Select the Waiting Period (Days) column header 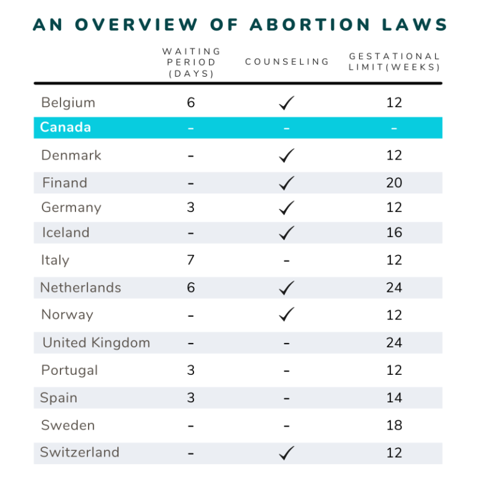tap(191, 62)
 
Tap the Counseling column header tap(287, 62)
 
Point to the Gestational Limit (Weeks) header tap(394, 62)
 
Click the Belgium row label tap(68, 102)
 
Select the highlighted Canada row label tap(65, 127)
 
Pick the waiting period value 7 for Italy tap(191, 260)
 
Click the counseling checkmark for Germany tap(287, 207)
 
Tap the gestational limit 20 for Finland tap(394, 183)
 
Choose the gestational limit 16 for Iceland tap(394, 233)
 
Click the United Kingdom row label tap(96, 342)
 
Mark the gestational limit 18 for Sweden tap(394, 425)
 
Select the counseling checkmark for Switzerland tap(287, 453)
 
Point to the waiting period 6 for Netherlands tap(191, 288)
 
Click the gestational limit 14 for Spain tap(394, 398)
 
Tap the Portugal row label tap(69, 370)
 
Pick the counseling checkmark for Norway tap(287, 315)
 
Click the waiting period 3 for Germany tap(191, 208)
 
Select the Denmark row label tap(71, 155)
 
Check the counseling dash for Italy tap(286, 261)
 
